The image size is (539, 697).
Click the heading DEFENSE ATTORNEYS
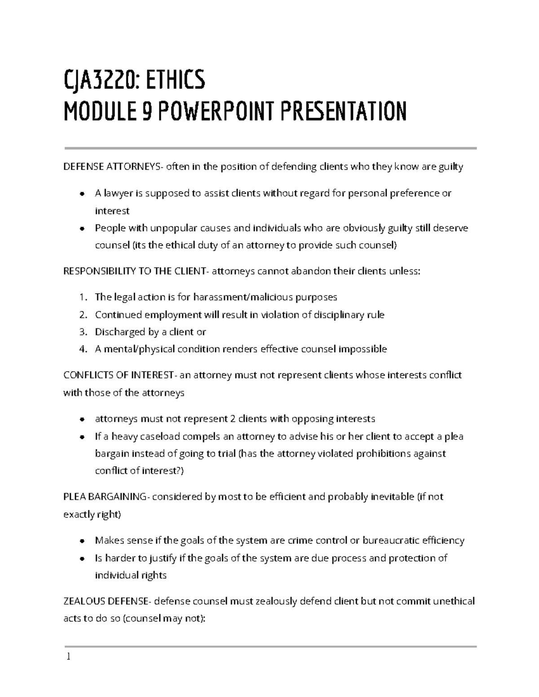click(113, 167)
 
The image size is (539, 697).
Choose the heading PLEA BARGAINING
click(105, 497)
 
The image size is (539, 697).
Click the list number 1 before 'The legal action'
click(81, 298)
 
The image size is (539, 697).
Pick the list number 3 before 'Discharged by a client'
click(82, 332)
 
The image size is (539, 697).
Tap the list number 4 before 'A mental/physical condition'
click(82, 350)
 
